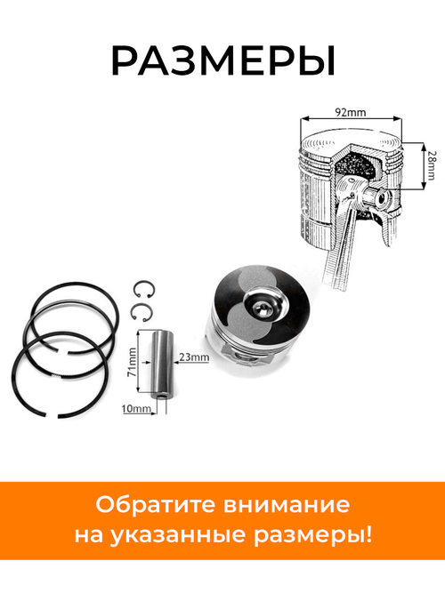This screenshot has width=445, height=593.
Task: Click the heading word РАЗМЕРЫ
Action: [x=222, y=60]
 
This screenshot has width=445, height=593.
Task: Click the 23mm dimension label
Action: [x=193, y=357]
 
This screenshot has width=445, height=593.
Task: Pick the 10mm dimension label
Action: [x=133, y=409]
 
